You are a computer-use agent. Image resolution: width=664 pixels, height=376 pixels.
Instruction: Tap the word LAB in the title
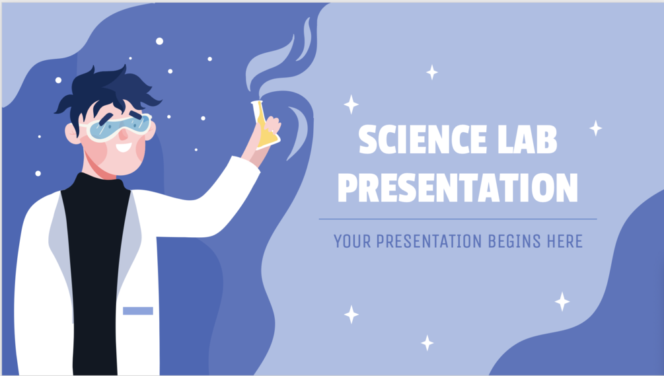click(527, 139)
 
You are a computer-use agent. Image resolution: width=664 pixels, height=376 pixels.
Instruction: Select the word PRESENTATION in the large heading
click(458, 188)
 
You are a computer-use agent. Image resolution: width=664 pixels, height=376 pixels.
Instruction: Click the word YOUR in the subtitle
click(352, 241)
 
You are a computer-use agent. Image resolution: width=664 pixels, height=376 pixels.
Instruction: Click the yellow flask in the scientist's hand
click(265, 126)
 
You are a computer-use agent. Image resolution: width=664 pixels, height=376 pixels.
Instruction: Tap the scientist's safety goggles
click(118, 127)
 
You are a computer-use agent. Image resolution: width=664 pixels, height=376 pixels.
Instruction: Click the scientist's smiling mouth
click(124, 148)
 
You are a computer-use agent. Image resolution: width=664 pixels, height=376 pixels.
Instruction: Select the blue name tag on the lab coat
click(138, 311)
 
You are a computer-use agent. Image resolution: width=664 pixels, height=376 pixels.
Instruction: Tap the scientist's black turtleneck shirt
click(96, 271)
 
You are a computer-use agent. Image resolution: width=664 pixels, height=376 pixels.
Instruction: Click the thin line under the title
click(458, 219)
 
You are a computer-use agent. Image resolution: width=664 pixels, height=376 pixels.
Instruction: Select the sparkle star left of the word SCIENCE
click(351, 104)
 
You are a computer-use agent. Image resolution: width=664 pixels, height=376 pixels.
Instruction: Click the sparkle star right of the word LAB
click(596, 128)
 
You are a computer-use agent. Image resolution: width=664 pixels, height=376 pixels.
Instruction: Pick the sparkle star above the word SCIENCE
click(432, 73)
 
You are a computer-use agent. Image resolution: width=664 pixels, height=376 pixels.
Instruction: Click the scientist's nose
click(124, 135)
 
